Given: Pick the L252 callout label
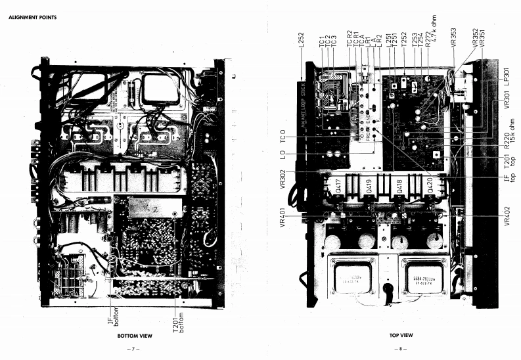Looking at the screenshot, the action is (x=300, y=38).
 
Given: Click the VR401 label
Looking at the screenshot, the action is (x=283, y=215).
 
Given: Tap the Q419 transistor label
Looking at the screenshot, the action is (x=371, y=189).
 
